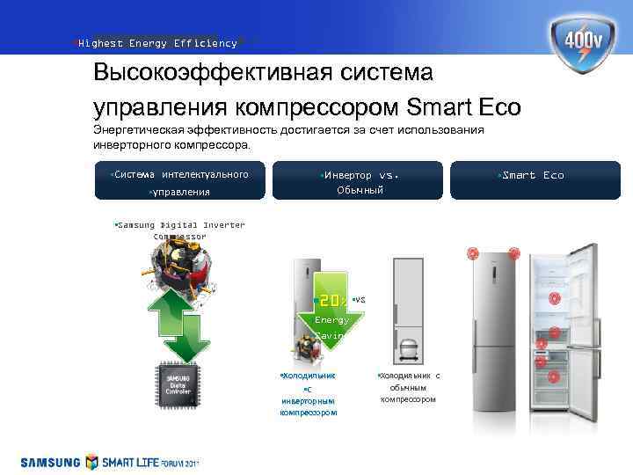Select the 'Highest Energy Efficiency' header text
click(x=157, y=43)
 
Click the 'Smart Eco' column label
click(x=531, y=175)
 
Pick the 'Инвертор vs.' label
click(x=360, y=175)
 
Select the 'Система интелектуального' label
click(x=181, y=174)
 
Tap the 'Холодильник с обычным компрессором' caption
click(x=408, y=387)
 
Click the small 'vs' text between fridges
click(x=359, y=300)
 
